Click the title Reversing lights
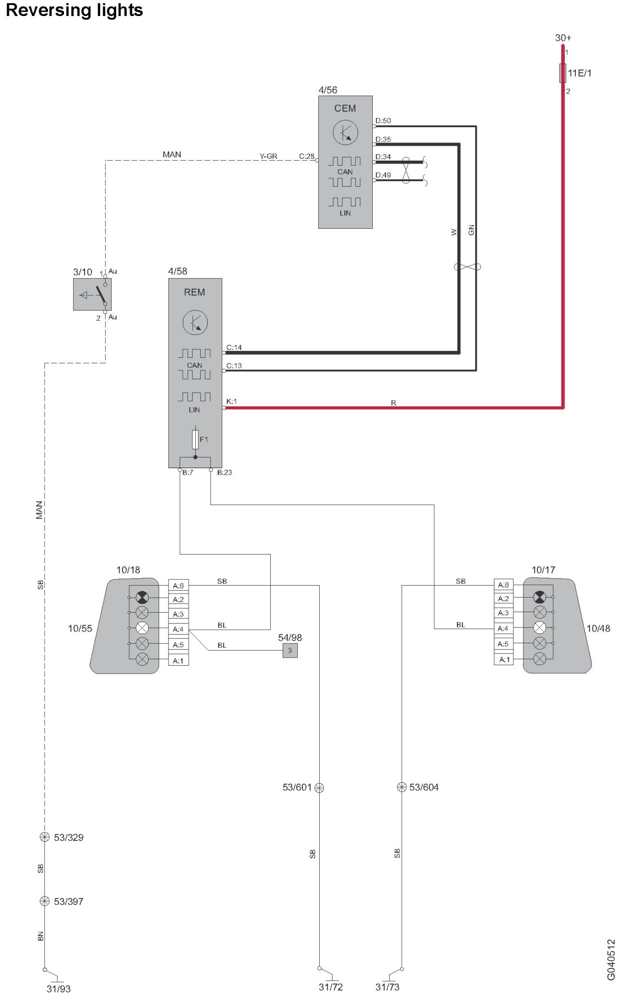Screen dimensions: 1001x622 tap(74, 11)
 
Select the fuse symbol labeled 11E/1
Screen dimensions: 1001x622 tap(562, 73)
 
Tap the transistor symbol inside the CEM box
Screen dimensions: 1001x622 tap(345, 133)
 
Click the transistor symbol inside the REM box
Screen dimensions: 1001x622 tap(195, 323)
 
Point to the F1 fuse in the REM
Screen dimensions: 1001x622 tap(195, 439)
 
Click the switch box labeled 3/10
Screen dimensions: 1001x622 tap(92, 294)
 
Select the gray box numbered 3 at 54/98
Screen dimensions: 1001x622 tap(290, 650)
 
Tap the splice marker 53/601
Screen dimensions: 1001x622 tap(319, 787)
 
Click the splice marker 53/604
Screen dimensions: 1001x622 tap(401, 787)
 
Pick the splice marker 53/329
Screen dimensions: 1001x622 tap(45, 837)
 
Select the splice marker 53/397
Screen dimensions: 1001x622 tap(45, 901)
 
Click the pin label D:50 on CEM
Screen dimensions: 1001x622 tap(383, 121)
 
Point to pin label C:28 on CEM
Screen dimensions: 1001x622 tap(307, 156)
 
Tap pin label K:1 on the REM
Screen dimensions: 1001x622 tap(231, 401)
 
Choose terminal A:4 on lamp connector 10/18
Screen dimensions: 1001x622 tap(178, 629)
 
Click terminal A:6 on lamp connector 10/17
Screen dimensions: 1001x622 tap(503, 585)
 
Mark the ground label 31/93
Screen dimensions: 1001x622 tap(59, 988)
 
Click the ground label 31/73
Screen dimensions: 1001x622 tap(387, 986)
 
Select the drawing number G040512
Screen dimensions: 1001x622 tap(611, 959)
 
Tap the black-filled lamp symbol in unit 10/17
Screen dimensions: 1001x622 tap(539, 597)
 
